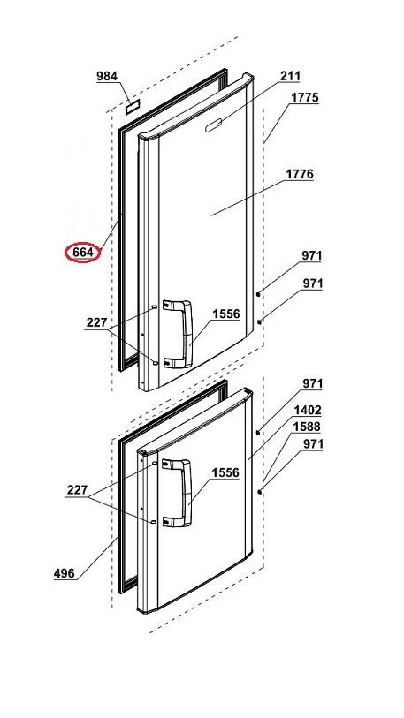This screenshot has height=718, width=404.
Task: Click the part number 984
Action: pos(107,77)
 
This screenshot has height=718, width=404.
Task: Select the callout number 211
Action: pos(290,76)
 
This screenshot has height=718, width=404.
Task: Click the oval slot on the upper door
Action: pos(215,125)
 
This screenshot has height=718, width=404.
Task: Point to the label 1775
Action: pos(304,97)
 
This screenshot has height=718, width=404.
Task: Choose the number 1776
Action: pos(300,174)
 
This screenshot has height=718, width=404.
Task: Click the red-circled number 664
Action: pos(82,253)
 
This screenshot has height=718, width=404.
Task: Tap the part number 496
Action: pos(65,573)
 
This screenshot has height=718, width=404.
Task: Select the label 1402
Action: pos(308,410)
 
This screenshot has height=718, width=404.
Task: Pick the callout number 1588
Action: pos(308,427)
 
